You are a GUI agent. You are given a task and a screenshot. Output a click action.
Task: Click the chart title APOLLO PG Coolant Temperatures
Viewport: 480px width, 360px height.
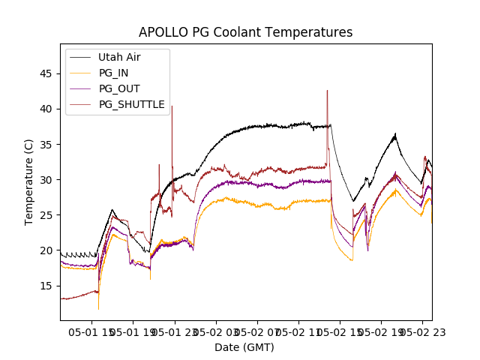[x=245, y=32]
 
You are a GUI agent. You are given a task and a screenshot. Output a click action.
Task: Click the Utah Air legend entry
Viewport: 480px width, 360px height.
[x=119, y=57]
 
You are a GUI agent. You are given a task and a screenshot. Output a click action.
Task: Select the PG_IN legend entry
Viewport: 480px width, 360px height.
[x=113, y=73]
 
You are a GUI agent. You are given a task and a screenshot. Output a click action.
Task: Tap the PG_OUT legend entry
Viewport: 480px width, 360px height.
[x=118, y=88]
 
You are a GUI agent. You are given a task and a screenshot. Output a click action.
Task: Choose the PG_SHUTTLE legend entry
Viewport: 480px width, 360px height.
[x=131, y=104]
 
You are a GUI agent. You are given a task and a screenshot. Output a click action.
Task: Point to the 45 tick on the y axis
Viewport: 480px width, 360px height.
[x=47, y=73]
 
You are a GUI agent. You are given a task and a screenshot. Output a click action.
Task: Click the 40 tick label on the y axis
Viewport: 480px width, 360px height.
[x=47, y=109]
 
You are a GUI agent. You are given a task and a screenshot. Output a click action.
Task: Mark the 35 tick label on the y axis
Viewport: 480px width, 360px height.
[x=47, y=144]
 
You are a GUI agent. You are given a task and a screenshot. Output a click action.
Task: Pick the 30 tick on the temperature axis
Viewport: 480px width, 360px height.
[x=47, y=179]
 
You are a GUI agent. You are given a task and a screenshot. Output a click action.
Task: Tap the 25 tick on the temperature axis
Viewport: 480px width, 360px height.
[x=47, y=214]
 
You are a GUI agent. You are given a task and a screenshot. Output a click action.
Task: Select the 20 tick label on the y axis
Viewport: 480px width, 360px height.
[x=47, y=250]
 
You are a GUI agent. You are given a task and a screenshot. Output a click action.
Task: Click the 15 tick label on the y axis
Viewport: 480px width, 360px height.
[x=47, y=286]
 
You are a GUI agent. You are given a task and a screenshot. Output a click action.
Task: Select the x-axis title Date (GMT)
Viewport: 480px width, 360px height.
[x=244, y=347]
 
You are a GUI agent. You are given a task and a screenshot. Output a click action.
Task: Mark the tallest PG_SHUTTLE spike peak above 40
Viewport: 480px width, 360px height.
[x=327, y=91]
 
